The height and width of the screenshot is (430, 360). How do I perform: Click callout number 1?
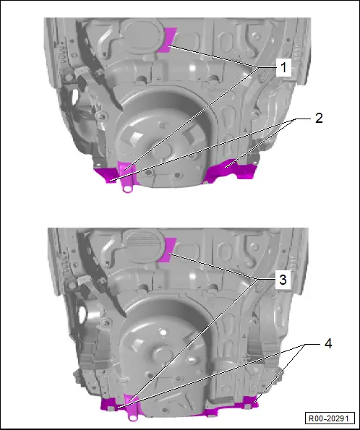point(283,67)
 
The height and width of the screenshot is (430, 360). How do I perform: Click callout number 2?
point(319,119)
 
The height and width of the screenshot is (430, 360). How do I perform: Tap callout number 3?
point(283,280)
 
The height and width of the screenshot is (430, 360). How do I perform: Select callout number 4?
point(328,343)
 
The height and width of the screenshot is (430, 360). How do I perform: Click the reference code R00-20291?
point(329,418)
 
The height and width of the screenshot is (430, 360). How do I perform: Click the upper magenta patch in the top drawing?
point(167,40)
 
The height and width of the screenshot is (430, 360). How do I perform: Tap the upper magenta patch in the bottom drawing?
point(167,250)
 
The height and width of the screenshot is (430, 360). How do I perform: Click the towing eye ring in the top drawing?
point(127,189)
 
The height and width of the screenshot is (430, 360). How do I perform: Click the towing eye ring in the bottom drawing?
point(133,417)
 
